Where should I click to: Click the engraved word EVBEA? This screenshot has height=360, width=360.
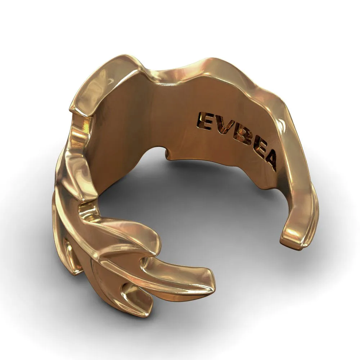[237, 141]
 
